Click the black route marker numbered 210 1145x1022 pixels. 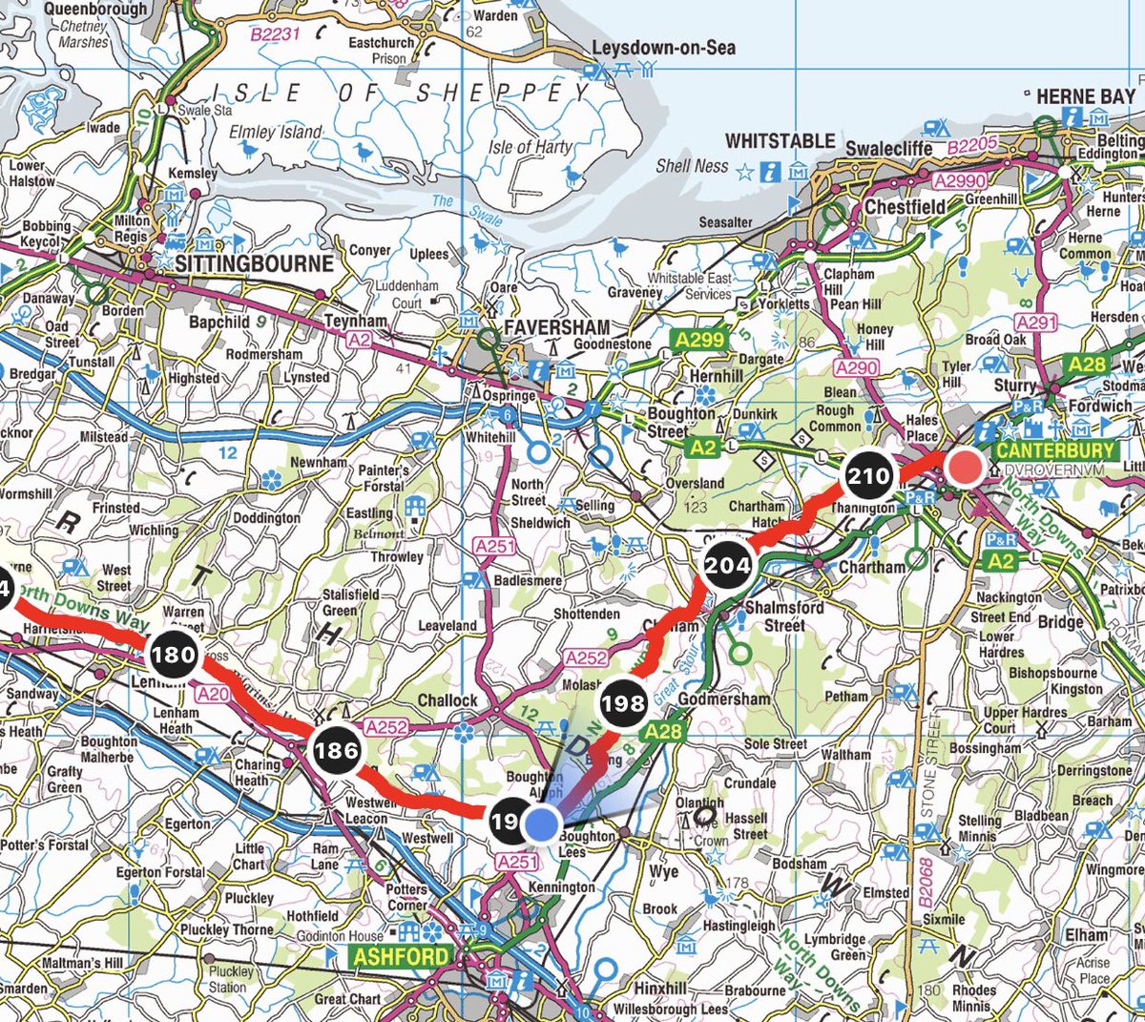click(x=868, y=475)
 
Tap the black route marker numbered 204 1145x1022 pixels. click(x=727, y=564)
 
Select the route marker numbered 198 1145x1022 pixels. click(x=623, y=703)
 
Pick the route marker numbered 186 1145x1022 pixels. click(x=337, y=750)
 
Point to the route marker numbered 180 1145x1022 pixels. click(x=173, y=655)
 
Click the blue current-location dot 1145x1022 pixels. click(x=542, y=823)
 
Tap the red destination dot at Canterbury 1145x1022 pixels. click(x=968, y=468)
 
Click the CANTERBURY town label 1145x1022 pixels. click(x=1054, y=449)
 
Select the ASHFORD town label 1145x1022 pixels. click(x=401, y=955)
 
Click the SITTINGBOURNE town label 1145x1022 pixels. click(x=254, y=263)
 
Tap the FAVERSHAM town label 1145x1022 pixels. click(x=556, y=326)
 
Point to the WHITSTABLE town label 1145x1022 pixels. click(x=780, y=141)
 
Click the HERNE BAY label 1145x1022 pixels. click(x=1085, y=96)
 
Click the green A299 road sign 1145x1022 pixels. click(x=698, y=339)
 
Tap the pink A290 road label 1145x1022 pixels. click(x=856, y=367)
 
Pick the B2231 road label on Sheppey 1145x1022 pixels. click(x=275, y=34)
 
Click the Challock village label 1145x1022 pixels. click(x=447, y=700)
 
